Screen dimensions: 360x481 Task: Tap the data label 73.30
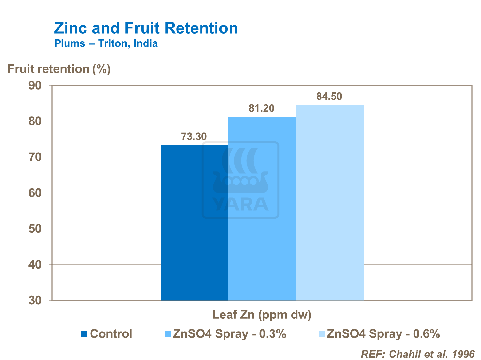pos(194,137)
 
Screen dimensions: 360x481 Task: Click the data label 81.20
pos(262,108)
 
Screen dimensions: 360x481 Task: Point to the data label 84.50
pos(329,97)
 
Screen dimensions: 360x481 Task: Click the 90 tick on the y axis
pos(35,86)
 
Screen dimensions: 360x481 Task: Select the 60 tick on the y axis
pos(35,193)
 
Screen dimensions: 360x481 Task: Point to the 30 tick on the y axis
pos(35,301)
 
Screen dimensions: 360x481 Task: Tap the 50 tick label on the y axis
pos(35,229)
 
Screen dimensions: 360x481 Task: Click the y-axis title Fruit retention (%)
pos(59,69)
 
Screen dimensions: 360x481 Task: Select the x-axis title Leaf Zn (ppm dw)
pos(262,315)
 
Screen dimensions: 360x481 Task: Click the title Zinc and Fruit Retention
pos(146,28)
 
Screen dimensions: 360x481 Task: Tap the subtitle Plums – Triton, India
pos(106,43)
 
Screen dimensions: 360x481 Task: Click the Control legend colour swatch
pos(84,334)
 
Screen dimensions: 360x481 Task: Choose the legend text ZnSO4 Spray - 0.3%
pos(229,334)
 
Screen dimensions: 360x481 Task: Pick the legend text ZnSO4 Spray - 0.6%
pos(383,334)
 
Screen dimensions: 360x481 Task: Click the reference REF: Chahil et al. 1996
pos(417,354)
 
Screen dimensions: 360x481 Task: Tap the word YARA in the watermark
pos(240,205)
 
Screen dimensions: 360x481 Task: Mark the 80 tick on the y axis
pos(35,121)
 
